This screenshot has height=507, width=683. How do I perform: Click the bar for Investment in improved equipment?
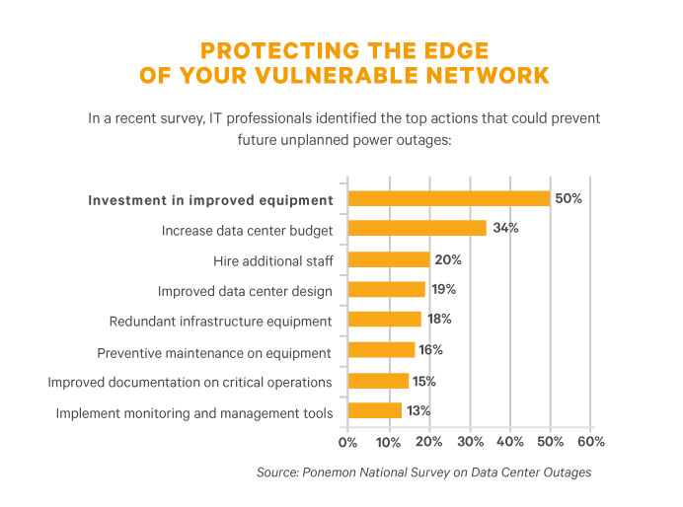click(x=449, y=198)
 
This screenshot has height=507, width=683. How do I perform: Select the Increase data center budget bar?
click(x=417, y=229)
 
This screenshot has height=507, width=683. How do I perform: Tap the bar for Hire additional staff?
click(x=389, y=259)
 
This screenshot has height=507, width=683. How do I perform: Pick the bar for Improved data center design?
click(x=387, y=290)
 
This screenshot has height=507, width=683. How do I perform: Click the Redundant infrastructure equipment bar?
click(x=385, y=320)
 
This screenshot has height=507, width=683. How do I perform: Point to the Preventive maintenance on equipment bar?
click(x=381, y=350)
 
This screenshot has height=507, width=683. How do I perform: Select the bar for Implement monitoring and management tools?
click(x=375, y=410)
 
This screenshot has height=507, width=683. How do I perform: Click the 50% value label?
click(x=569, y=198)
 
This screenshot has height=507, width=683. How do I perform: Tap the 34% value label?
click(x=504, y=229)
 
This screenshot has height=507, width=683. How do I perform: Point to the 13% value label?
click(x=418, y=410)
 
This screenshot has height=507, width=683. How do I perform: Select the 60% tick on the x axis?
click(x=590, y=440)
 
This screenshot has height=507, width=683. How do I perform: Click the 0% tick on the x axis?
click(x=347, y=440)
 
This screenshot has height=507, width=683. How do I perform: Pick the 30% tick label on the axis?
click(x=469, y=440)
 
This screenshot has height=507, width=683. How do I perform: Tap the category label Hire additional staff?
click(x=272, y=260)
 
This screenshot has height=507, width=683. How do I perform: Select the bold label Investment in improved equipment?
click(x=210, y=200)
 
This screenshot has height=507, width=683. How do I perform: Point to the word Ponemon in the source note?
click(x=341, y=472)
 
